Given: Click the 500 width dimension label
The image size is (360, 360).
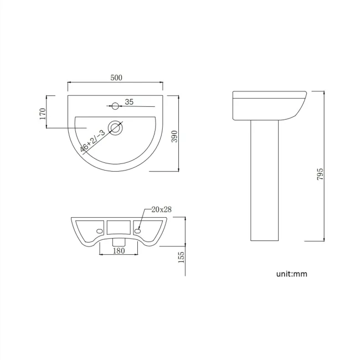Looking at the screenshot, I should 116,78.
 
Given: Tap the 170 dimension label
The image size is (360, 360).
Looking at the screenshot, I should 42,114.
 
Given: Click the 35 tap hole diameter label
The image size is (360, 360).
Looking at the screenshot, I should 128,102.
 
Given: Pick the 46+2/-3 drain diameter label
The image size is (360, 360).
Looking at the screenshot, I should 92,141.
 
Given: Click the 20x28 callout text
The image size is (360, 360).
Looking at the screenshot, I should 161,209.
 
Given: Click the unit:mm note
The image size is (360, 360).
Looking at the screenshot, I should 291,274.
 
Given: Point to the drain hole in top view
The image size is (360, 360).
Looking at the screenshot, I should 116,128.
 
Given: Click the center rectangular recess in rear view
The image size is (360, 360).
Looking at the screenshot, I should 117,227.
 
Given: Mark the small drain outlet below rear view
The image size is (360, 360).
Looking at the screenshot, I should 117,242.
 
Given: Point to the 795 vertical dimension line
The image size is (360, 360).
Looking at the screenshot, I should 326,166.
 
